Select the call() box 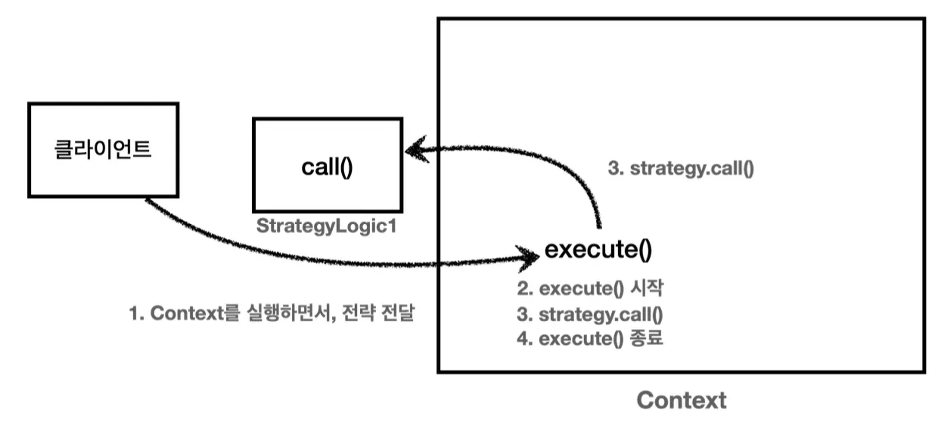(x=326, y=165)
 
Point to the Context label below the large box (x=681, y=400)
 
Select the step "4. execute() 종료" (x=589, y=339)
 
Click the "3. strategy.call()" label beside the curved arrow (x=681, y=169)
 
